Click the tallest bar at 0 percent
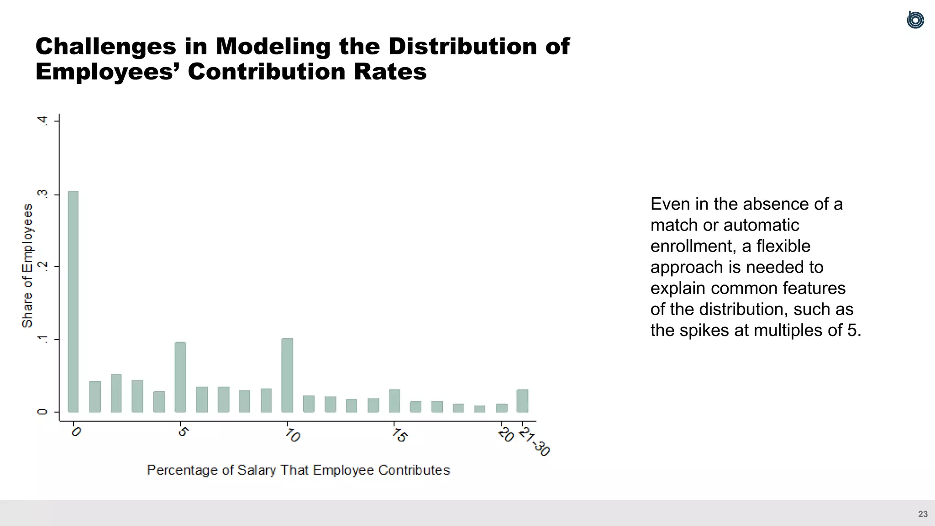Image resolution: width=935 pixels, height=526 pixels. pos(73,301)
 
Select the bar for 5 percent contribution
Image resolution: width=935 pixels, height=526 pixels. pos(180,377)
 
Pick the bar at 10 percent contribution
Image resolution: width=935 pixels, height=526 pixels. pos(287,375)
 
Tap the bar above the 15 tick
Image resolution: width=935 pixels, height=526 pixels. pos(394,401)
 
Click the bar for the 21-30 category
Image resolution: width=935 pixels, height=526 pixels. pos(522,401)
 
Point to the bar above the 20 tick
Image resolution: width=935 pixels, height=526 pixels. pos(502,408)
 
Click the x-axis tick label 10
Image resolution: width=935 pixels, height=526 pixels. pos(293,435)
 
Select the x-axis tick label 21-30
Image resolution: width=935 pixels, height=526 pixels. pos(535,442)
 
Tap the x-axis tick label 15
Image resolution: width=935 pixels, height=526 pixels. pos(399,435)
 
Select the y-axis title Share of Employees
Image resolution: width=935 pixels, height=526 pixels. pos(27,266)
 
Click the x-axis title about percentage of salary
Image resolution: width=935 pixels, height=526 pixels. pos(298,470)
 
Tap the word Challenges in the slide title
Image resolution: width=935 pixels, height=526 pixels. pos(105,46)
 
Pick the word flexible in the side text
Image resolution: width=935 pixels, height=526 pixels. pos(783,246)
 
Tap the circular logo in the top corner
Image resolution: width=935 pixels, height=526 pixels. pos(915,20)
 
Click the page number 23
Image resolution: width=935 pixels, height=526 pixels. pos(923,514)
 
